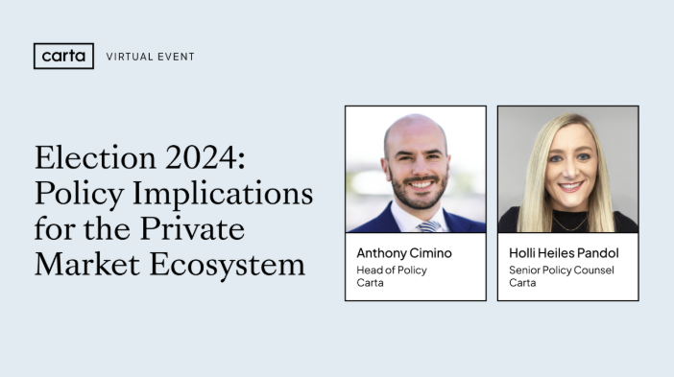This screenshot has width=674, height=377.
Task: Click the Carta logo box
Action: click(63, 56)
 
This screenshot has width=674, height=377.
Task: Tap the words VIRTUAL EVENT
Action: click(150, 57)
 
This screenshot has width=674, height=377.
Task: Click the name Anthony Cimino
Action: click(403, 254)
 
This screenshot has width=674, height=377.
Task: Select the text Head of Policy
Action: click(392, 270)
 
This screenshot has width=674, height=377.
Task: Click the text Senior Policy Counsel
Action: click(561, 270)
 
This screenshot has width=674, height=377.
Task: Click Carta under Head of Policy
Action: click(370, 283)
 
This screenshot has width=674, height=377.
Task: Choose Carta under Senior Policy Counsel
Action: click(522, 283)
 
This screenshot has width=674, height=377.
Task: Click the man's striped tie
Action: click(429, 225)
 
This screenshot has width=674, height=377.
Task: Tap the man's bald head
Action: click(415, 130)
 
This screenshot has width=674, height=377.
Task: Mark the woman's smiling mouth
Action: click(571, 188)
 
